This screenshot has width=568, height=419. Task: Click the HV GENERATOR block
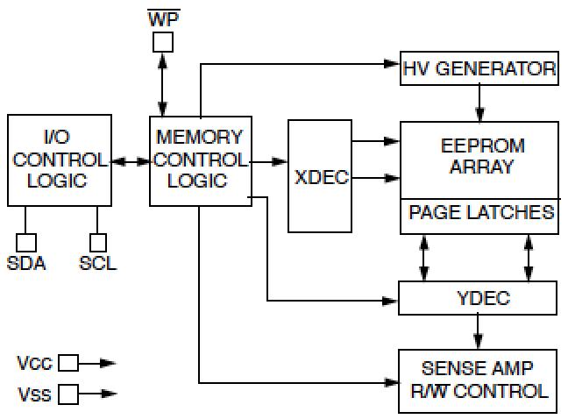479,69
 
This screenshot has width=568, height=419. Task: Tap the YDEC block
479,298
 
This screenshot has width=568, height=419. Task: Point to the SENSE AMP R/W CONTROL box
479,380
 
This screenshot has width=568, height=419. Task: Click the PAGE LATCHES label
480,213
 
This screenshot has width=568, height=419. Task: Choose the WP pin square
163,41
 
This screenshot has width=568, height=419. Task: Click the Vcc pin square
67,362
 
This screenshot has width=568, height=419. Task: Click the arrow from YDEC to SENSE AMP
479,331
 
